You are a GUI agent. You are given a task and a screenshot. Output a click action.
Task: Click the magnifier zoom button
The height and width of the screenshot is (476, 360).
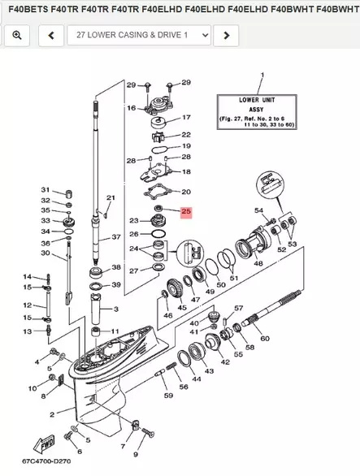coord(17,36)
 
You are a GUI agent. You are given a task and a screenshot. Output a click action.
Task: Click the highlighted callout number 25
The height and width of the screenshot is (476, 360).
coord(186,213)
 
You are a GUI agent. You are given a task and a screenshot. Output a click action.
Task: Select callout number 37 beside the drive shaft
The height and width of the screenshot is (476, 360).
coord(116,237)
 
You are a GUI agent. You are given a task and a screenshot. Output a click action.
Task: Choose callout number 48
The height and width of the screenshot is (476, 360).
coord(258,263)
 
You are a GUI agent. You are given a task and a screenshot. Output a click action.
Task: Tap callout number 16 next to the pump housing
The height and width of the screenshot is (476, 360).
coord(131,107)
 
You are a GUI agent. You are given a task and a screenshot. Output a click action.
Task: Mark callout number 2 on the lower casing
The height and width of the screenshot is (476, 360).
coord(53,414)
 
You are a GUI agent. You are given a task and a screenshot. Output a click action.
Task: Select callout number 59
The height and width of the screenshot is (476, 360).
coord(167,396)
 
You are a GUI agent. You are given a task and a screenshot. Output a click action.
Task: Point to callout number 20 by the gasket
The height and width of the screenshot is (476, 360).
coord(186,192)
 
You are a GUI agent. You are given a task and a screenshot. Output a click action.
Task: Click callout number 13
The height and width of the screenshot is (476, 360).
coord(26,331)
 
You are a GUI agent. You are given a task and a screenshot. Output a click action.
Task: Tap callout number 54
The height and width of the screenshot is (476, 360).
coord(259,211)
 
